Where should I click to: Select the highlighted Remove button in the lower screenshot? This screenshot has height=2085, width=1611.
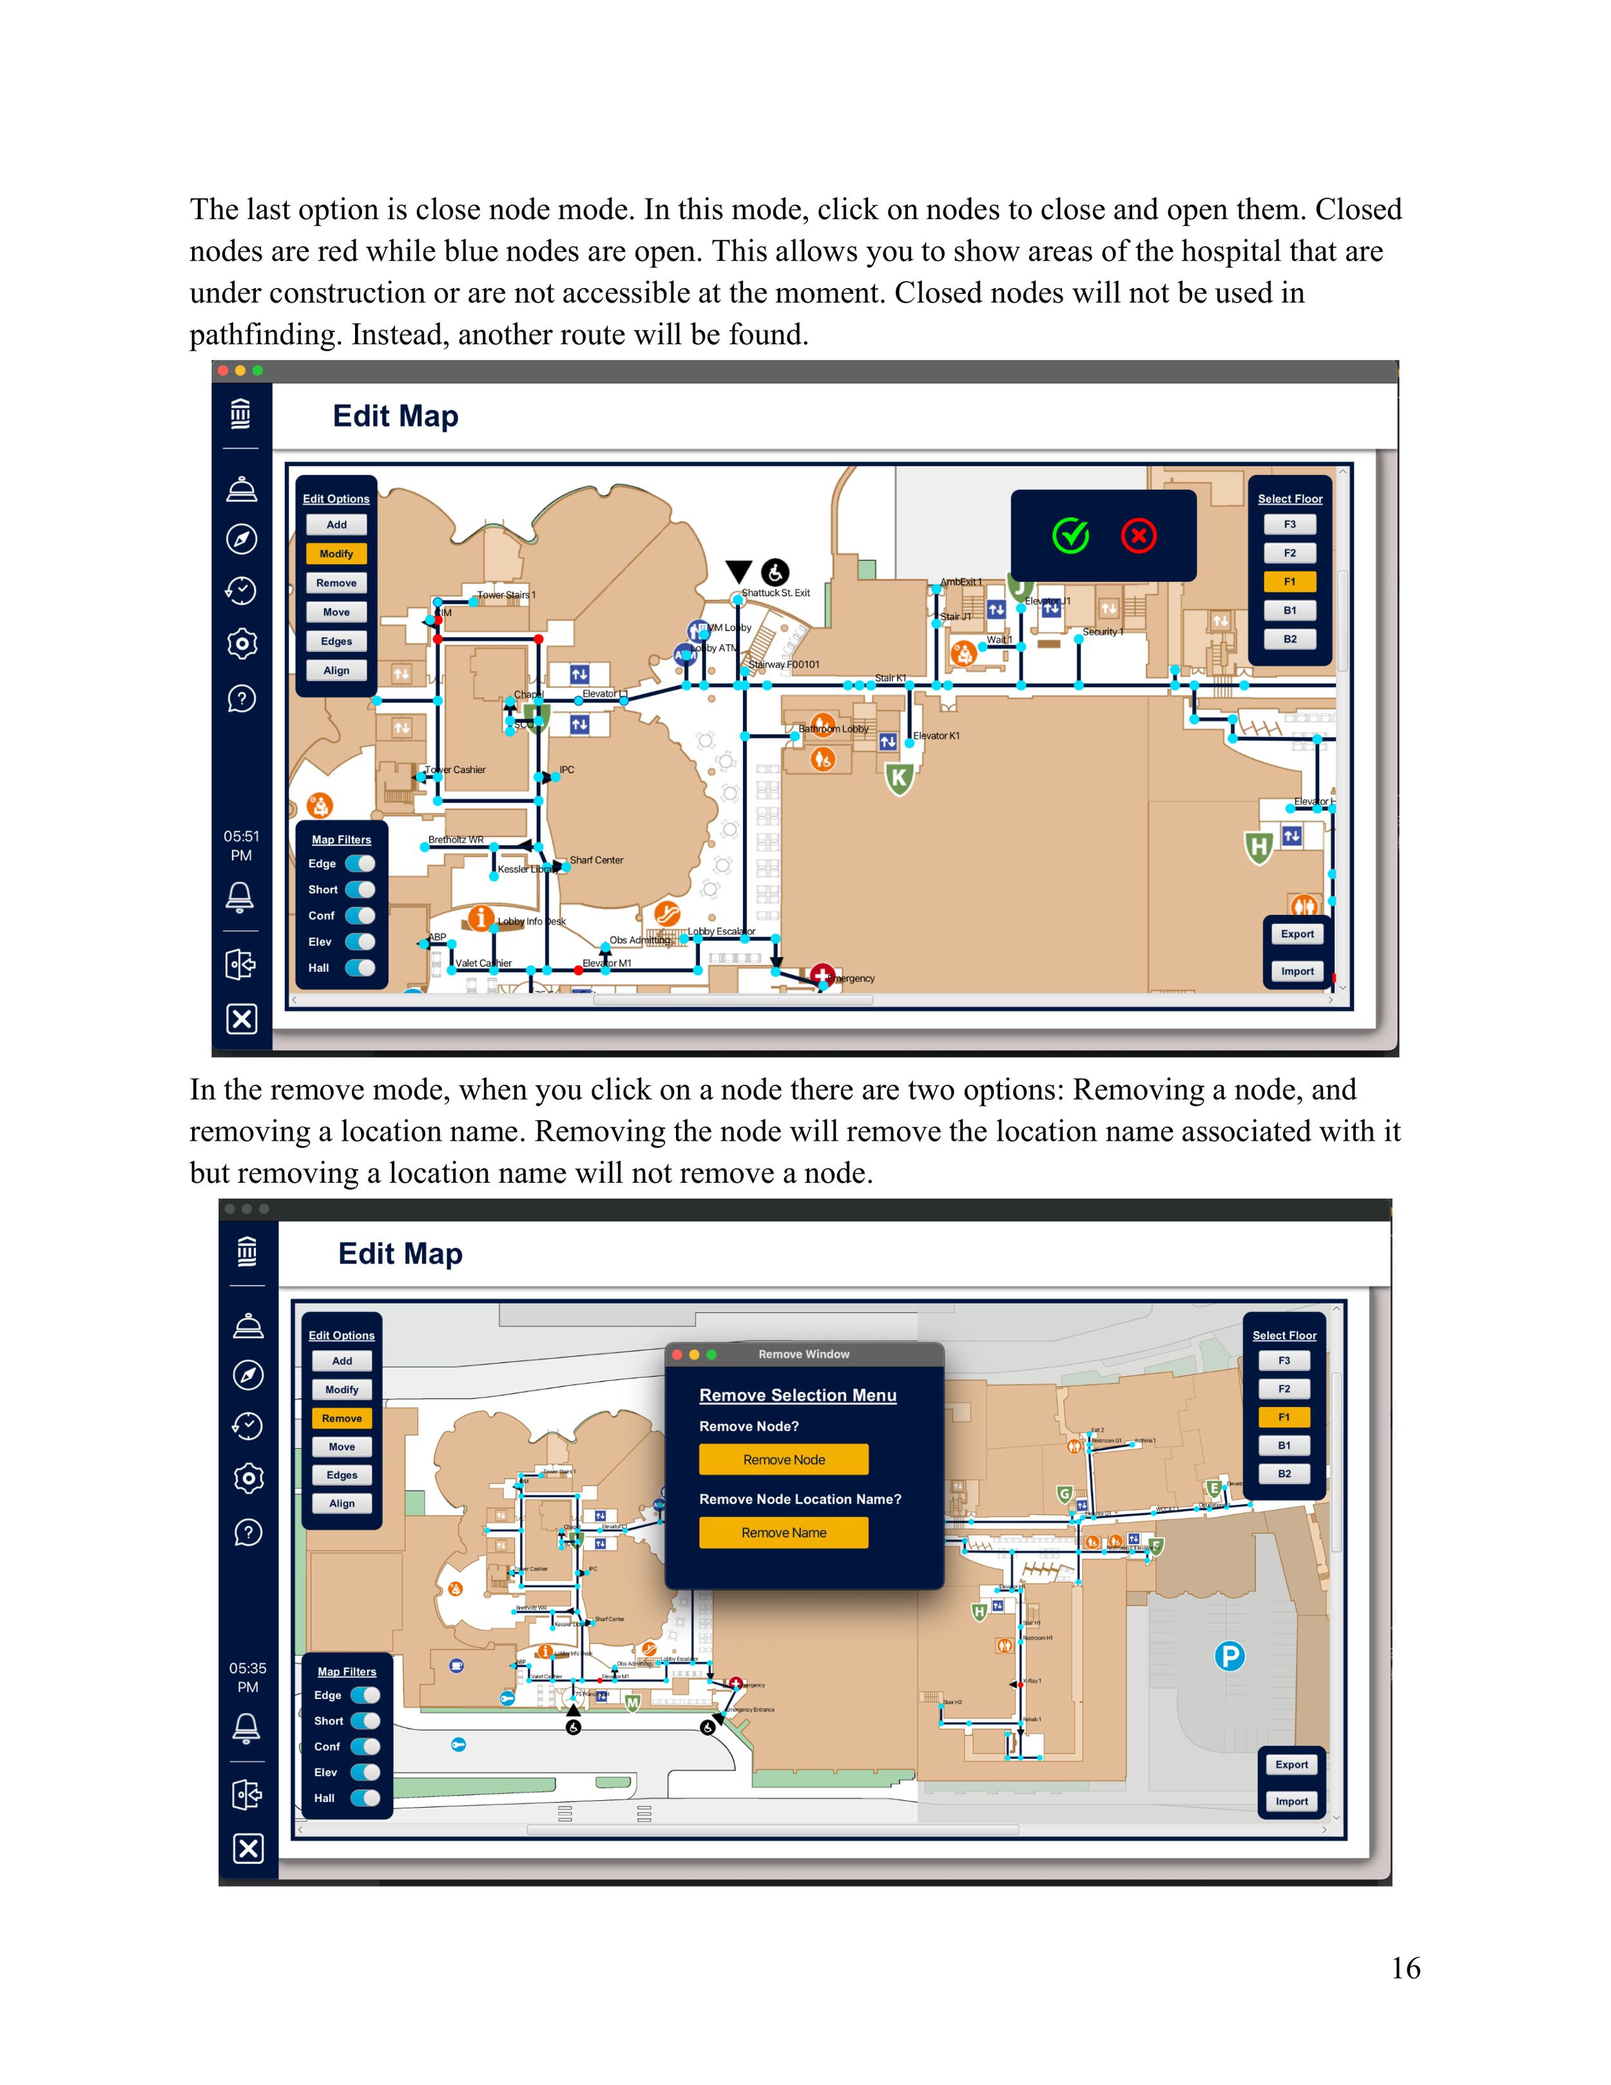342,1418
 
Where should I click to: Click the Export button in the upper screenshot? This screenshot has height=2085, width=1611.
1297,934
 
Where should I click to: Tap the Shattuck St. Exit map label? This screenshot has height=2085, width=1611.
775,593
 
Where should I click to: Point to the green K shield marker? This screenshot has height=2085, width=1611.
898,778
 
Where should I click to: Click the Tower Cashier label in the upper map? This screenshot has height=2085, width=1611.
455,770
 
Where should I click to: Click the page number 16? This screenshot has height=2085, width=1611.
1405,1968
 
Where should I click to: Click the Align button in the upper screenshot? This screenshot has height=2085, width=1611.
336,670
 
